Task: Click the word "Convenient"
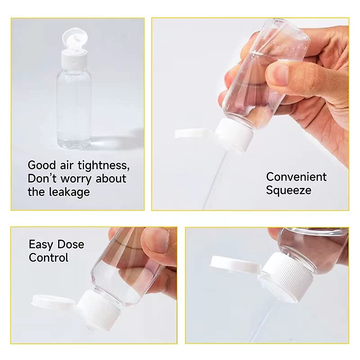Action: tap(296, 177)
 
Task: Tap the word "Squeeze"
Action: tap(288, 190)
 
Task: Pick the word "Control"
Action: tap(49, 258)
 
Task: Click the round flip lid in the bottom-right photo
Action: tap(234, 264)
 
